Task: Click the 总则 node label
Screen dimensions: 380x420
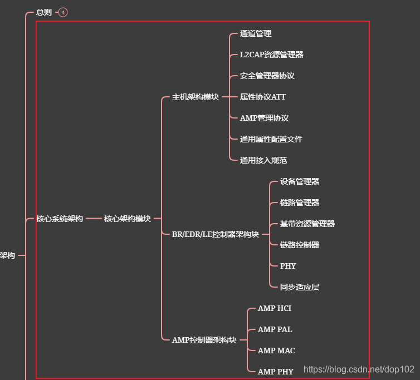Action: point(43,12)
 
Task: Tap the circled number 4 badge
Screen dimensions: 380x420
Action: point(63,12)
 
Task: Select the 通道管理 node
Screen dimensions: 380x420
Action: point(256,33)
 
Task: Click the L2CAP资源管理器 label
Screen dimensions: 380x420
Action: point(271,55)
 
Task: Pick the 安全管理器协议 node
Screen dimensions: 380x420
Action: point(267,76)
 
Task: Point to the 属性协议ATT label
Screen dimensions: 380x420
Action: point(262,97)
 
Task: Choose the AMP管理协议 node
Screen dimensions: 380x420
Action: point(264,118)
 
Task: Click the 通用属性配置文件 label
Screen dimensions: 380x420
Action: point(271,139)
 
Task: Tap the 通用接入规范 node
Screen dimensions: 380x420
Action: point(263,160)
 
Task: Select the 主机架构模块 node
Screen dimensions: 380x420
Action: point(195,97)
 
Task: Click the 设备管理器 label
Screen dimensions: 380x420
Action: point(299,181)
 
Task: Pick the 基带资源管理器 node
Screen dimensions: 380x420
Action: point(307,224)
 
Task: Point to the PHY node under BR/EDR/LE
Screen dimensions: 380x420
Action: point(288,266)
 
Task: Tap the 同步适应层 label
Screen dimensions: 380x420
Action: point(299,287)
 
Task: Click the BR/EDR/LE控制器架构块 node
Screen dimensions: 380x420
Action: point(215,234)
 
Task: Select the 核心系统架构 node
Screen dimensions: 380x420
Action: point(60,219)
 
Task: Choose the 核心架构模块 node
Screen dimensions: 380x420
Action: point(127,219)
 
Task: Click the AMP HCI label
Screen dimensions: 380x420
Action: point(275,308)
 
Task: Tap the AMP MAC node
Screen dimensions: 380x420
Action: point(276,351)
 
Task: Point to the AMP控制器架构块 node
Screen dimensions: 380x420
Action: point(204,340)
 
